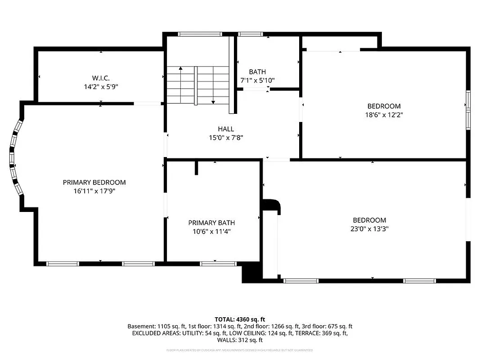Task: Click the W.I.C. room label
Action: point(100,78)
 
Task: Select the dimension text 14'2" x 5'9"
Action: point(100,86)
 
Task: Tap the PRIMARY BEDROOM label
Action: point(94,182)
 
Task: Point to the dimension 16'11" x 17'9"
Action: point(94,191)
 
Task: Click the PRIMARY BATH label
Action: point(211,223)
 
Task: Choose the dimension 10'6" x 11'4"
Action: point(211,231)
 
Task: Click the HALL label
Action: point(226,129)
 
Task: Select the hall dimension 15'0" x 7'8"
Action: point(226,138)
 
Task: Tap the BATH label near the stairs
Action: point(257,72)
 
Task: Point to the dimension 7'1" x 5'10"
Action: point(257,80)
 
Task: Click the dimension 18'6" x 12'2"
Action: point(384,115)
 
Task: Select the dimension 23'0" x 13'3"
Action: point(369,229)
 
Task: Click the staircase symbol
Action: point(198,85)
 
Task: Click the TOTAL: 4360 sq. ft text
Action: point(240,319)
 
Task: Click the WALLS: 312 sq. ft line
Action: point(240,341)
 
